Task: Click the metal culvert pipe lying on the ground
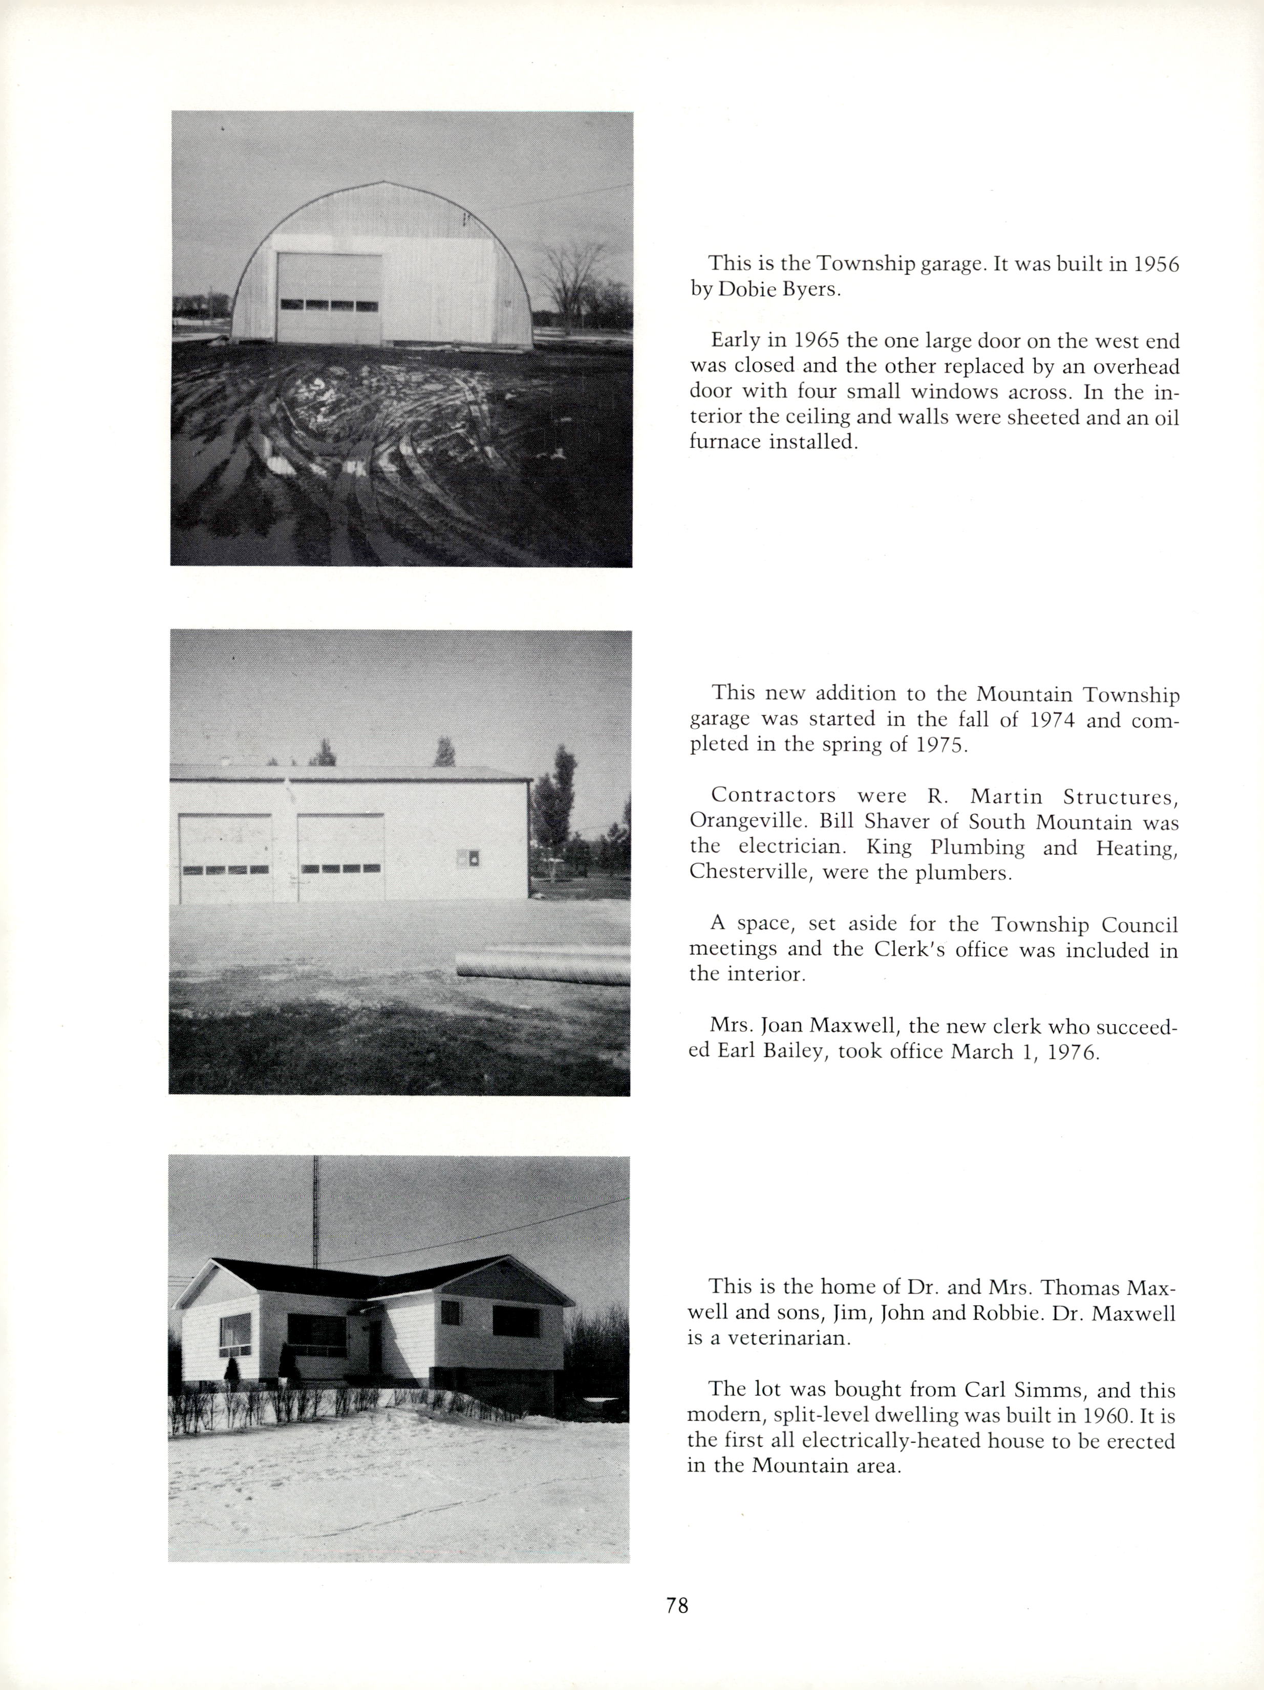pos(543,967)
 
